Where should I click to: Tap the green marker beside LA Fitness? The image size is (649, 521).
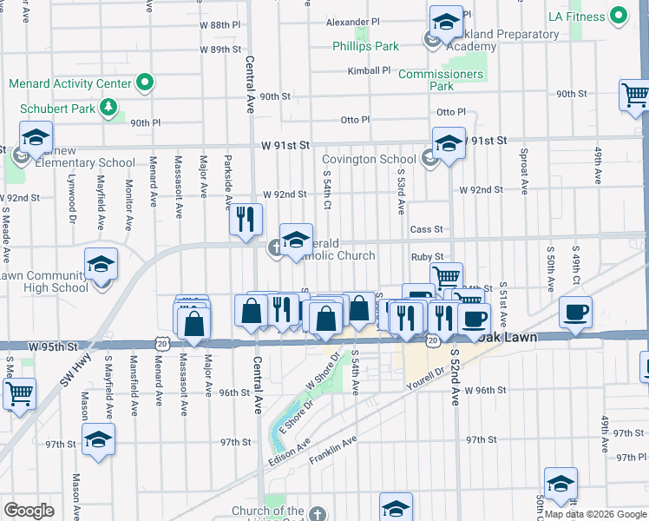point(619,16)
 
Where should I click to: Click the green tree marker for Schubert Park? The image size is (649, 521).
point(108,108)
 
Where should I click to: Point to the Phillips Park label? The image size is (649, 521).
point(364,45)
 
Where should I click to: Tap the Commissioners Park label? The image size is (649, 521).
point(441,80)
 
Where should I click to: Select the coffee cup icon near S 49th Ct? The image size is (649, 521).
point(576,313)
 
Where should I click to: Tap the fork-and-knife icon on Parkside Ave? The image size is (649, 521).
point(246,218)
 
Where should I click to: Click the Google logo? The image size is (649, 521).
point(29,510)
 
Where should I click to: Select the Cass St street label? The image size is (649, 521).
point(427,229)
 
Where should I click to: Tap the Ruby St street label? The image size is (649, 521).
point(427,257)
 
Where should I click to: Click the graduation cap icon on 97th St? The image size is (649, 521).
point(99,439)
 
